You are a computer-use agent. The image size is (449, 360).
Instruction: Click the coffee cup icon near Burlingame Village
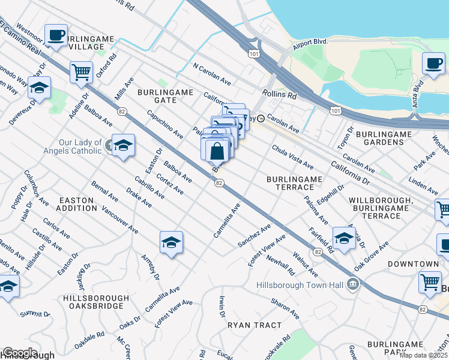pos(56,35)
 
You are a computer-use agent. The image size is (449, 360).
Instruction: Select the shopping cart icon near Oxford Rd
pos(81,72)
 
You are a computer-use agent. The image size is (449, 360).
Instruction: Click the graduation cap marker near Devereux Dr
pos(39,88)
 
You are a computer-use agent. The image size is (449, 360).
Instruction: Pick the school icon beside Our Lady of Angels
pos(123,145)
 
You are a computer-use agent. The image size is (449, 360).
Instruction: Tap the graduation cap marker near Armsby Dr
pos(171,242)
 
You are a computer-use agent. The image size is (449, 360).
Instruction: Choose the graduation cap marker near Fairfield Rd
pos(344,238)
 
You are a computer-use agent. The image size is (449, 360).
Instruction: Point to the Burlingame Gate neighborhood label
pos(165,96)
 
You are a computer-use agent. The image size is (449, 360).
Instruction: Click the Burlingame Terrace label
pos(295,183)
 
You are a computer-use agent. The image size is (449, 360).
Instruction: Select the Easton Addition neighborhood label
pos(76,204)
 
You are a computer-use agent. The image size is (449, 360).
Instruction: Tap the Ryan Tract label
pos(255,325)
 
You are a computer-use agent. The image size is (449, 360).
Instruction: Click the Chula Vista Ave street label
pos(292,156)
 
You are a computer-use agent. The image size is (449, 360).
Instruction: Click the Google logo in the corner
pos(19,353)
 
